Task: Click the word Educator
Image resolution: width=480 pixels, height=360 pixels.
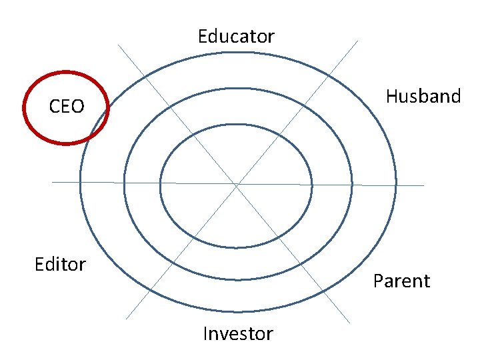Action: point(236,36)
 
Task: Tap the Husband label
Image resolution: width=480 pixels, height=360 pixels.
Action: point(423,97)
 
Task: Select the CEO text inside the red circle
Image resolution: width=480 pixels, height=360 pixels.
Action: point(67,107)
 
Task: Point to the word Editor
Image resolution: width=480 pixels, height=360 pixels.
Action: point(60,265)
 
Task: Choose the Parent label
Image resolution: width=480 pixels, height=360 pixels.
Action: point(401,281)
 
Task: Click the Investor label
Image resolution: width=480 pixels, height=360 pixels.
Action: point(238,333)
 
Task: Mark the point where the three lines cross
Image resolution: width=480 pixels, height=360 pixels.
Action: point(237,183)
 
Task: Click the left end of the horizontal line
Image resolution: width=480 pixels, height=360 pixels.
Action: point(53,182)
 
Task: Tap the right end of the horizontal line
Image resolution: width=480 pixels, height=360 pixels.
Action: point(423,185)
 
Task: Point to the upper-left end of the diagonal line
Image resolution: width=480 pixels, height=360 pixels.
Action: point(119,45)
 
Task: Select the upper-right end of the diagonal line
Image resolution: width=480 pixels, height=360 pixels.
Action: point(358,41)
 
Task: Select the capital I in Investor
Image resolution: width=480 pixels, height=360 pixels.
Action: point(205,333)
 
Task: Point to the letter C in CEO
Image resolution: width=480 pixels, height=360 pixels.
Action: point(56,107)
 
